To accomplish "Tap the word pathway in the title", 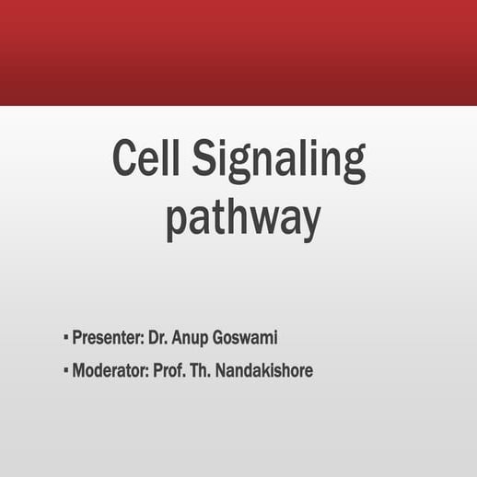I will (x=243, y=221).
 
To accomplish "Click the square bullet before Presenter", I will (x=66, y=338).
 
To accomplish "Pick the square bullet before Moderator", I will (x=66, y=370).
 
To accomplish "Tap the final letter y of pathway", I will (x=309, y=225).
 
